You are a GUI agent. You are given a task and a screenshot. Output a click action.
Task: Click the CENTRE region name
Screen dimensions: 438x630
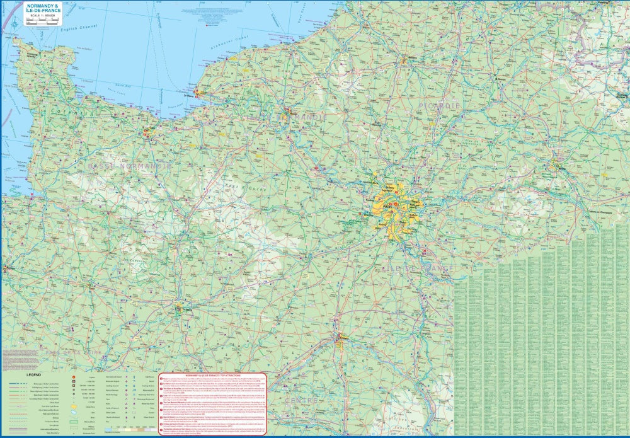301,400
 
